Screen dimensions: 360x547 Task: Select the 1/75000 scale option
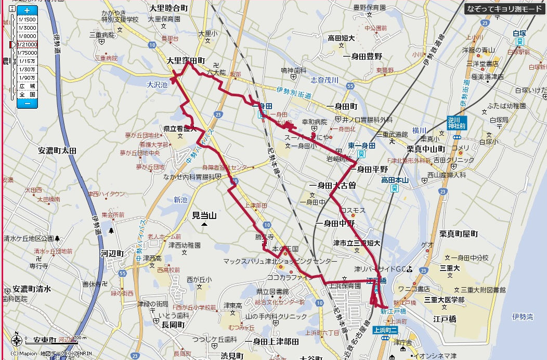click(27, 53)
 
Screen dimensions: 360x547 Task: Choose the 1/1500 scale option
click(27, 19)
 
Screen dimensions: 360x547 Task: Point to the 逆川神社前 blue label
click(457, 123)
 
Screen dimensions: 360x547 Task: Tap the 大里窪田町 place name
click(186, 61)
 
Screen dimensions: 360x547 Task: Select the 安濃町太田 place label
click(57, 150)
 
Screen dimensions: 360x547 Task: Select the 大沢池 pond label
click(157, 84)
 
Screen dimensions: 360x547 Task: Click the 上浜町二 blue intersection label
click(385, 329)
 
